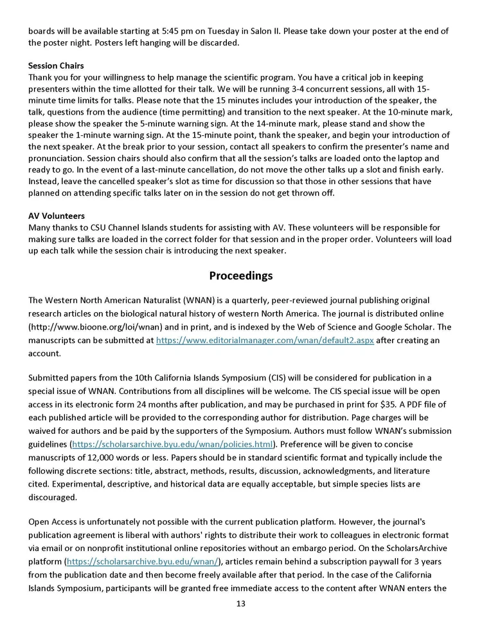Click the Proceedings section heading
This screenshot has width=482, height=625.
coord(240,275)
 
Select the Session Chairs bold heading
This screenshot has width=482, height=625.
coord(56,66)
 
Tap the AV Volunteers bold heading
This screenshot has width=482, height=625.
coord(57,216)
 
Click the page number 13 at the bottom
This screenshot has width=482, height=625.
coord(240,603)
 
